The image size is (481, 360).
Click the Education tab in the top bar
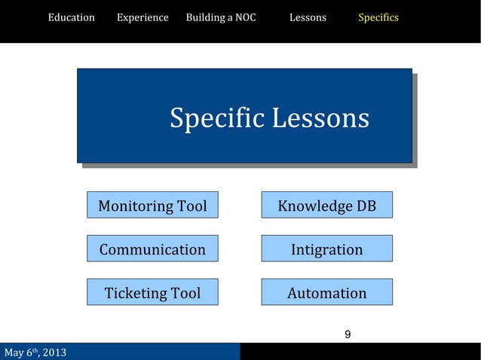(x=71, y=17)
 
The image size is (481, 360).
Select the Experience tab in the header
(x=142, y=17)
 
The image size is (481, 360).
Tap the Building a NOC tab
(x=220, y=17)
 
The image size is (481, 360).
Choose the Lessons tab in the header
(x=308, y=17)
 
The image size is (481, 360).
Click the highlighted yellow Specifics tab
(x=378, y=17)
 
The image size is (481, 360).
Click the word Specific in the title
(x=216, y=119)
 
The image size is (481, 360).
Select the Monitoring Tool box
(x=152, y=205)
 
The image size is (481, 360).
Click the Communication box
(x=152, y=249)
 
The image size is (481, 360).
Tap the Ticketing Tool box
(x=152, y=292)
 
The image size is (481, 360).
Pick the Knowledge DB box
(x=326, y=205)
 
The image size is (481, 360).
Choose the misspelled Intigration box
(x=326, y=249)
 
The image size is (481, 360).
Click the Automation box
(x=326, y=292)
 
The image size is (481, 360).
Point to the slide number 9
(x=347, y=334)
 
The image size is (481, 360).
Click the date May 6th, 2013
(x=35, y=352)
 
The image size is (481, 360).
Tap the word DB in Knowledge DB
(x=366, y=206)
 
